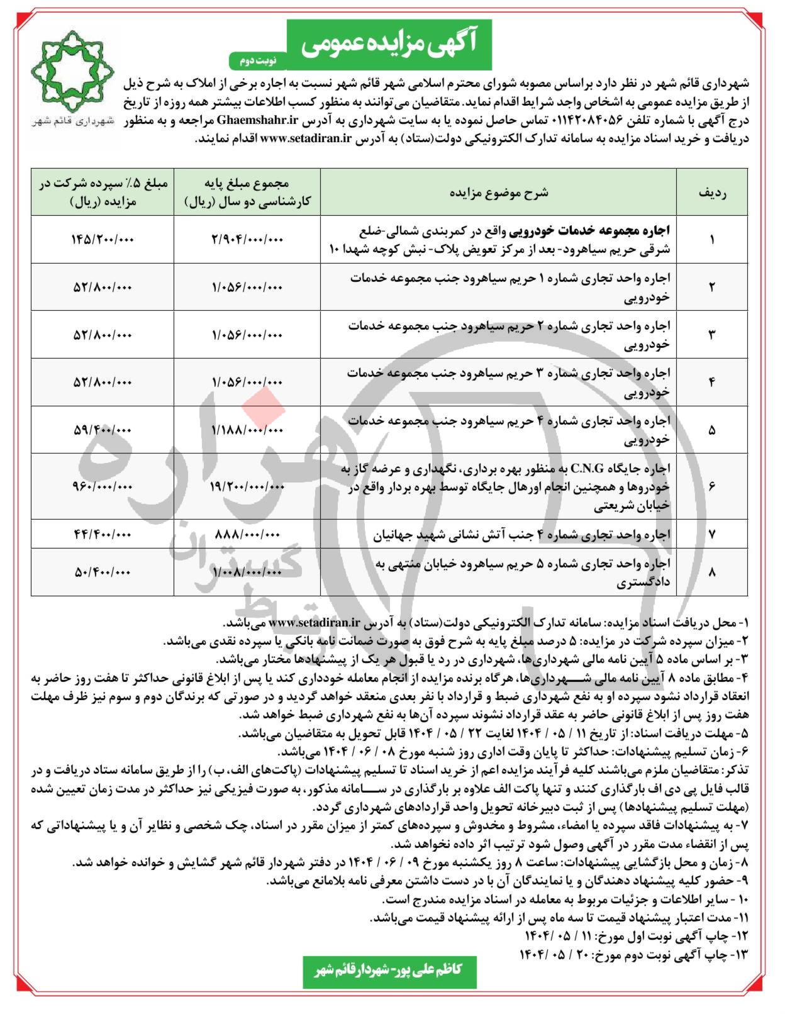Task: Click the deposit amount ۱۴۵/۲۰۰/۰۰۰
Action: point(103,240)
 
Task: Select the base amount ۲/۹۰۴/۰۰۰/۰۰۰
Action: point(247,240)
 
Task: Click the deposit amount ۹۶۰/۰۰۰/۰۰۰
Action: point(103,486)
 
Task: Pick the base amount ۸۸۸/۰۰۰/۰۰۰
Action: point(247,534)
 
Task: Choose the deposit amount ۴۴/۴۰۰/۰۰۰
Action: point(103,534)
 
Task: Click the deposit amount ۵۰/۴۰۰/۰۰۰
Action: point(103,572)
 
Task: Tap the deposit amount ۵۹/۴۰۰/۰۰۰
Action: point(103,430)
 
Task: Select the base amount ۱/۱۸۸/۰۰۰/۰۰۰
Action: point(247,430)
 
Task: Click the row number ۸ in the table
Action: point(712,572)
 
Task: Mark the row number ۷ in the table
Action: point(712,534)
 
